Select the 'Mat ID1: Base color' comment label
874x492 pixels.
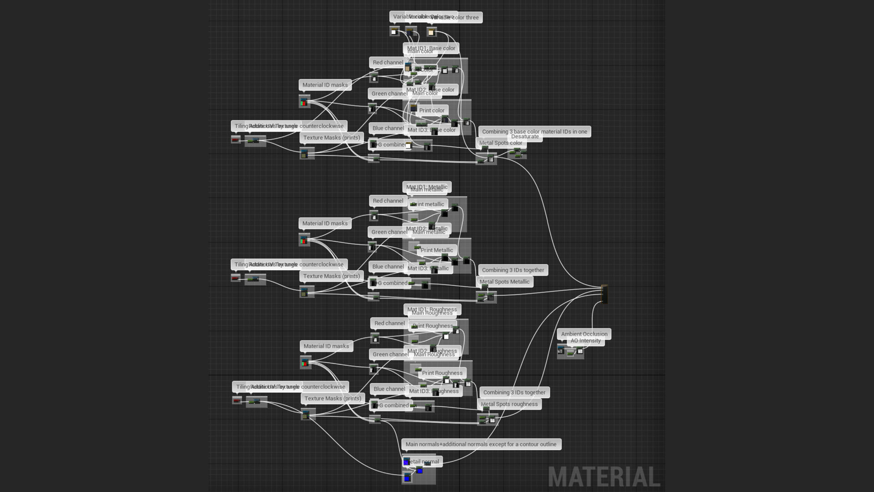431,48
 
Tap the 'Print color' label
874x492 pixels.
432,110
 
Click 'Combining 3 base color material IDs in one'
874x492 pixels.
534,132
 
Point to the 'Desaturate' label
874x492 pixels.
525,137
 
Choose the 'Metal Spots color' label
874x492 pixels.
500,143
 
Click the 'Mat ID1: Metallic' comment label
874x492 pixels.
427,186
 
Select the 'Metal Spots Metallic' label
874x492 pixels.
504,282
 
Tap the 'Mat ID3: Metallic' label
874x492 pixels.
428,268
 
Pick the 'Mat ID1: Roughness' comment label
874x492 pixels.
432,309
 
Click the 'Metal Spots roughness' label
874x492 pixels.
509,404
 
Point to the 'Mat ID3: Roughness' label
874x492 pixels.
434,391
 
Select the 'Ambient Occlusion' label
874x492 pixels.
584,333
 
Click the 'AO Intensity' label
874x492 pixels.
585,341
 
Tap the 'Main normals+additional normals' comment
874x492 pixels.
481,444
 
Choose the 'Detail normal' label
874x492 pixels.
423,461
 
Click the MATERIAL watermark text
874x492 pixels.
604,477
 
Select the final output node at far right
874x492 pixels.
605,294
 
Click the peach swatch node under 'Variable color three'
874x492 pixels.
431,32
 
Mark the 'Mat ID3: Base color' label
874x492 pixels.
431,130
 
